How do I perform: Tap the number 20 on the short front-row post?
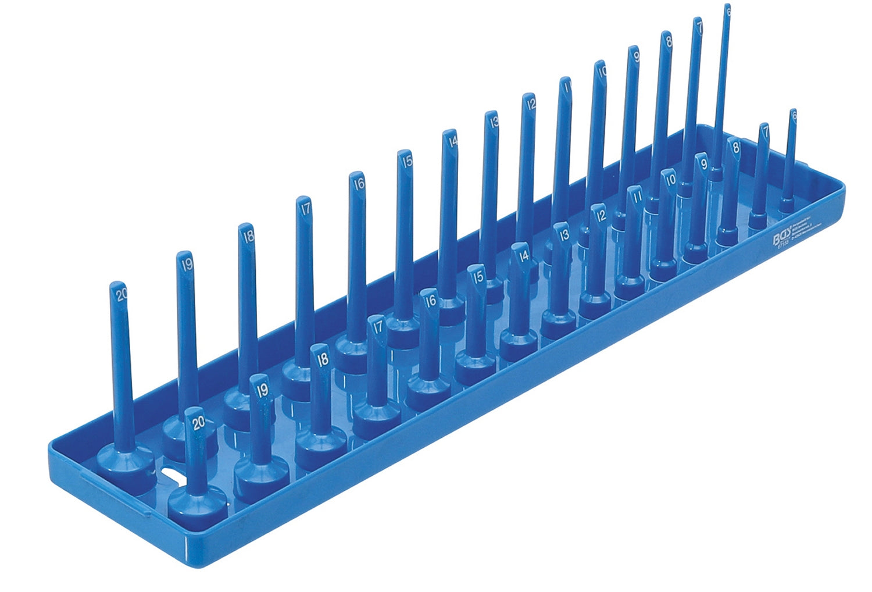pos(198,423)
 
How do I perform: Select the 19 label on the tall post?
pos(187,265)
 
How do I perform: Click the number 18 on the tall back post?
pos(249,236)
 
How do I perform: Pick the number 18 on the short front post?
pos(322,359)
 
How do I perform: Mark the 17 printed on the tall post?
pos(305,208)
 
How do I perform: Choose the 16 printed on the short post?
pos(430,301)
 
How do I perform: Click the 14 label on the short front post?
pos(524,255)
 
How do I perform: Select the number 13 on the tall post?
pos(494,122)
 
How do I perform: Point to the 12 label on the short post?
pos(601,215)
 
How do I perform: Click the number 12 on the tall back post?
pos(530,105)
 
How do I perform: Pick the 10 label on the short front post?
pos(670,179)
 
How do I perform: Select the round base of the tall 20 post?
pos(125,459)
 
